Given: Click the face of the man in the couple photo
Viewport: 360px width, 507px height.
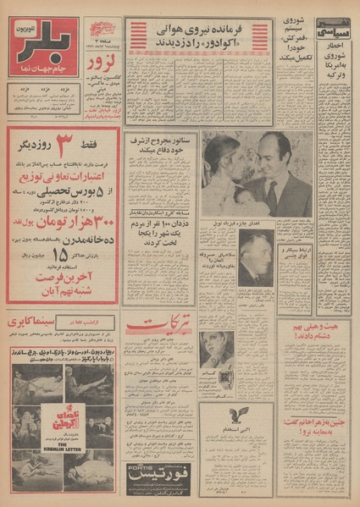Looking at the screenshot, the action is (x=272, y=160).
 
